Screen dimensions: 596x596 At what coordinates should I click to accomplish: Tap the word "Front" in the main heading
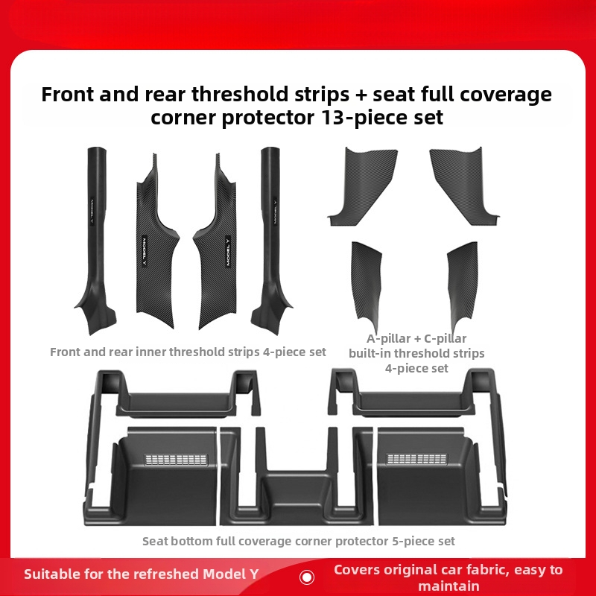[x=68, y=94]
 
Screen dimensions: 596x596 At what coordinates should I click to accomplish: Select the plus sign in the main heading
[x=361, y=95]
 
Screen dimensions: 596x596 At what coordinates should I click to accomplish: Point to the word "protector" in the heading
[x=268, y=118]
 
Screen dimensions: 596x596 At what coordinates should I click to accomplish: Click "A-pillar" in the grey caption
[x=388, y=338]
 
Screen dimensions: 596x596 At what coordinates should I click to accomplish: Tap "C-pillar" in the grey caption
[x=445, y=338]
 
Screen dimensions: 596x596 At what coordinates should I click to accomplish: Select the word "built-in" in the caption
[x=370, y=353]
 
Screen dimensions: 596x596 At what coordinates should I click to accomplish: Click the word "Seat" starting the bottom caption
[x=154, y=541]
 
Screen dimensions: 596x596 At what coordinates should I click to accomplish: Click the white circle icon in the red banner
[x=307, y=577]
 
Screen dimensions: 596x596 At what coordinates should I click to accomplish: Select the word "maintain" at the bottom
[x=448, y=586]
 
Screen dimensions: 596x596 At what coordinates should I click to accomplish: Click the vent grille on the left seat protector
[x=177, y=459]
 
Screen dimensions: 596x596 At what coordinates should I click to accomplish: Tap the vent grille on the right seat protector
[x=416, y=459]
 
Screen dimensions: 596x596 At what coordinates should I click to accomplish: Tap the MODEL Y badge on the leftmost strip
[x=92, y=211]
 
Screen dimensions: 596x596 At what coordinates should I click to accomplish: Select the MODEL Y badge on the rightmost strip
[x=274, y=211]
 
